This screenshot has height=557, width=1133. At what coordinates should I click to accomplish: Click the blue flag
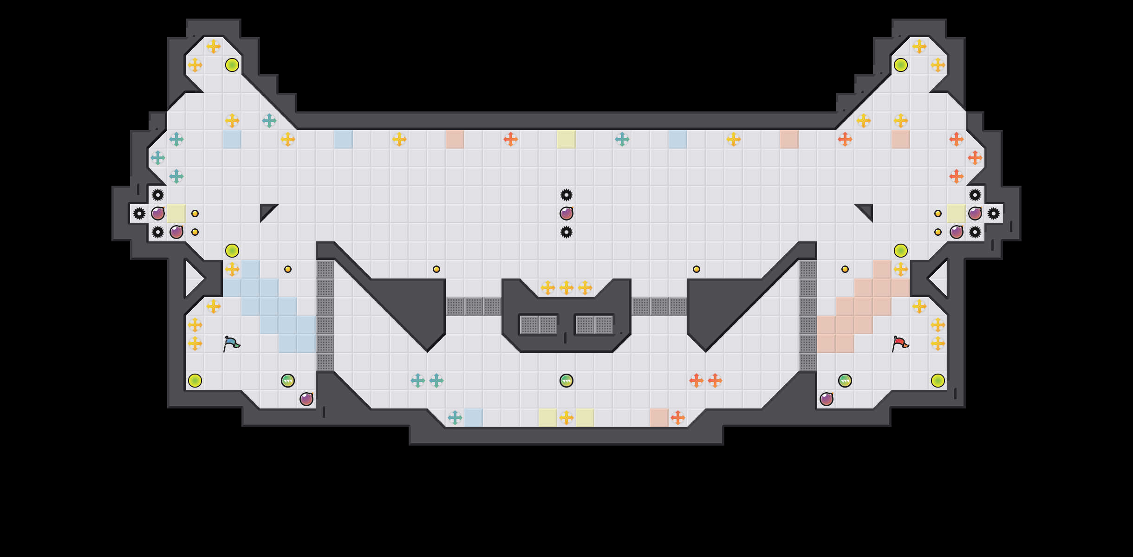click(x=231, y=344)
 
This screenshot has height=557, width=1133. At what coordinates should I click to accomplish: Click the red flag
click(x=900, y=344)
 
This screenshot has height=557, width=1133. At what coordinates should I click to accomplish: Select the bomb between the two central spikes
click(x=566, y=214)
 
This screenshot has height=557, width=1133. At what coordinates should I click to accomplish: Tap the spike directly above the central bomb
click(x=566, y=195)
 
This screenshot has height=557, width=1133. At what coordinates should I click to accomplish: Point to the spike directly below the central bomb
click(x=566, y=232)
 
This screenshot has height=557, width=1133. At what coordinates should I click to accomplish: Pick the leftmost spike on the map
click(x=139, y=214)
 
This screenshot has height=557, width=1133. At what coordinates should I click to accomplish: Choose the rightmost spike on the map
click(x=994, y=214)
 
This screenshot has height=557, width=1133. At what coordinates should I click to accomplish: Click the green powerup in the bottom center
click(x=566, y=381)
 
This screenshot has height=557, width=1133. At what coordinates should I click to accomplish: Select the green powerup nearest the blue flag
click(x=288, y=381)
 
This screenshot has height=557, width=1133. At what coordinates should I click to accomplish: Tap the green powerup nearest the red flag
click(x=845, y=381)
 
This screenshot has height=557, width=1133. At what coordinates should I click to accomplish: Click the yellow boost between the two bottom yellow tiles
click(x=566, y=418)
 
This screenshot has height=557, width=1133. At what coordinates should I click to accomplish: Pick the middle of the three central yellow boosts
click(x=566, y=288)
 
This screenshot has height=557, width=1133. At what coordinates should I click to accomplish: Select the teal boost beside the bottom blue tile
click(x=455, y=418)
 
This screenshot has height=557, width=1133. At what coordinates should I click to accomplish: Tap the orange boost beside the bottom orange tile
click(x=678, y=418)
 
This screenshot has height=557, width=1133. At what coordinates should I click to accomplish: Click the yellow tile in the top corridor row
click(x=566, y=139)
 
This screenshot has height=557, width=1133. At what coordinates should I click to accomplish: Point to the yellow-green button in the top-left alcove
click(x=232, y=65)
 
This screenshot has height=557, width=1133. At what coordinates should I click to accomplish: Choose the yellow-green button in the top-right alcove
click(x=901, y=65)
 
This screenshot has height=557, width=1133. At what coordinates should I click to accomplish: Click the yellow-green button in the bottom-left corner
click(x=195, y=381)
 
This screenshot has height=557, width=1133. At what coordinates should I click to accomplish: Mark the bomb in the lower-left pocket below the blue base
click(x=306, y=399)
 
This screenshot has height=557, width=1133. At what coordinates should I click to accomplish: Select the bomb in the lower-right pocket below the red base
click(x=827, y=399)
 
